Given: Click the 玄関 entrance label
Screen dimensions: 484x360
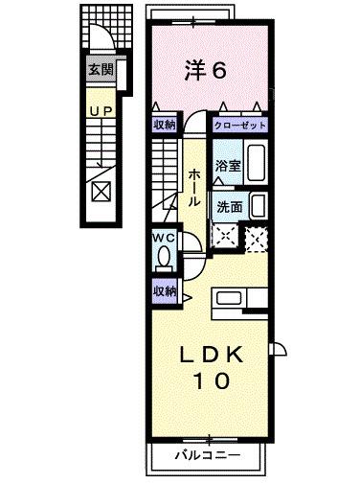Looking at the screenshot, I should [100, 69].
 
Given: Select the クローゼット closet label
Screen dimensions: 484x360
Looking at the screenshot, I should [237, 124].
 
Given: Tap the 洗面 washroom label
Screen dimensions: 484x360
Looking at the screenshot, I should [228, 206].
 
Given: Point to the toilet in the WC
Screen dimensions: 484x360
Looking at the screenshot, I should [164, 257].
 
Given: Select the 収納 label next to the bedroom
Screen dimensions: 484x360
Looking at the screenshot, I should [163, 124].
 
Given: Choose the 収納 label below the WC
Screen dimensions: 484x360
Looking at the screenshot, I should [163, 289].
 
